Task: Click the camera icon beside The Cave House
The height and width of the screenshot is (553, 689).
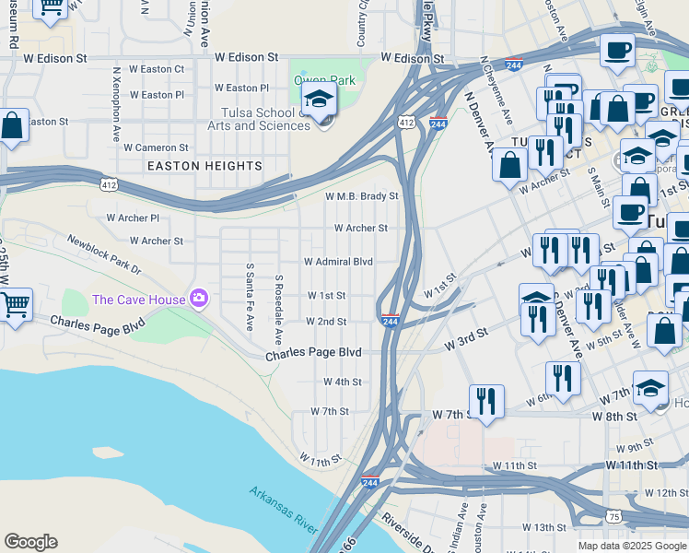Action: coord(198,298)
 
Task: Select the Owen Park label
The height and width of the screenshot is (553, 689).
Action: coord(324,80)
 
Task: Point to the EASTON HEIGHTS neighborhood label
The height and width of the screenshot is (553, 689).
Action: coord(204,166)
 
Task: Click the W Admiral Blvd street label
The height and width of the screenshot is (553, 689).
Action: coord(338,262)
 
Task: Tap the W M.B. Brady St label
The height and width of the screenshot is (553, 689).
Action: coord(361,196)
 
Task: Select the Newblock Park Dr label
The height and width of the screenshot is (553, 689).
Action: coord(104,254)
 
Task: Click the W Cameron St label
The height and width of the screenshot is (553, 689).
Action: coord(156,147)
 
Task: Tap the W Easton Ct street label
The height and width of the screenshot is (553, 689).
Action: coord(157,69)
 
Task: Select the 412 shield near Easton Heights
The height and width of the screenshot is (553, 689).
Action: coord(109,185)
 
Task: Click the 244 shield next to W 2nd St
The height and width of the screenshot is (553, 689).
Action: coord(390,320)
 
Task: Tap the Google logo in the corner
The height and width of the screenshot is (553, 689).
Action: coord(30,542)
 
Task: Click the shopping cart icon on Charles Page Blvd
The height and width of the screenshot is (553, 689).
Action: coord(14,305)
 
